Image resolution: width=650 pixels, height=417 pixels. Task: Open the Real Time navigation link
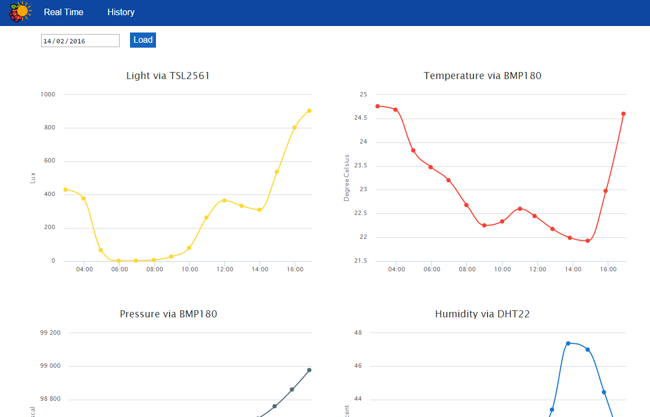(63, 12)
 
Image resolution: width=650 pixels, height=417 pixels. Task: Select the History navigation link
(121, 12)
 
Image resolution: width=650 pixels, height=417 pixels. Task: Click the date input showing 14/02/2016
(80, 41)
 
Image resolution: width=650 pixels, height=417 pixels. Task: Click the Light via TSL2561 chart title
(168, 76)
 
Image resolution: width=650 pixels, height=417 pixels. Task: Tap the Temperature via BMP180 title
(483, 76)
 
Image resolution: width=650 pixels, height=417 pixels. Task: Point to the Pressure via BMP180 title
(168, 314)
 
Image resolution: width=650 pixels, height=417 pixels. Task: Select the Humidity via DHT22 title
(482, 314)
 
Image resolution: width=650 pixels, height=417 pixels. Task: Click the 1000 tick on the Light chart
(48, 95)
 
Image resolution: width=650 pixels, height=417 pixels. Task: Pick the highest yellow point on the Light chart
(309, 110)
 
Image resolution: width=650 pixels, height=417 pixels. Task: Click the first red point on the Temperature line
(378, 106)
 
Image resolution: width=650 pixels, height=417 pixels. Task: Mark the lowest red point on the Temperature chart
(588, 241)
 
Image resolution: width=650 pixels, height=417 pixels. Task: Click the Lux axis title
(32, 178)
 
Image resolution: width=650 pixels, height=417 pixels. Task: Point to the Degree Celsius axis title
(347, 178)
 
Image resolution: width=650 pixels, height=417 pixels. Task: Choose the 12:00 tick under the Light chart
(225, 269)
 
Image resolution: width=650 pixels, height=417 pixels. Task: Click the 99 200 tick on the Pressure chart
(50, 333)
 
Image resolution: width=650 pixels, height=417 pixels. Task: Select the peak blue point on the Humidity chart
(568, 343)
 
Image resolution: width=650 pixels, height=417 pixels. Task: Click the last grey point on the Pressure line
(309, 370)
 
